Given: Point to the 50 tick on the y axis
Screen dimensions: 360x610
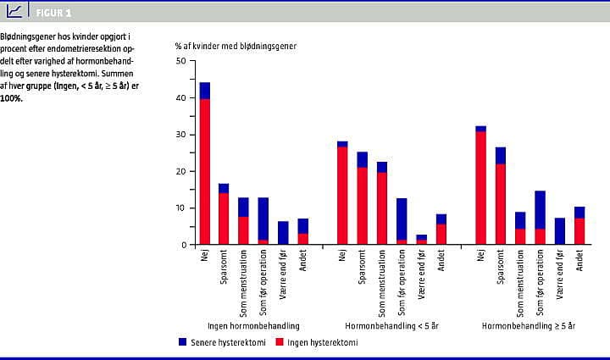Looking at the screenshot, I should coord(180,61).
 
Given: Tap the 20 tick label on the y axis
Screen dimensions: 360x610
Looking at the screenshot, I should coord(180,171).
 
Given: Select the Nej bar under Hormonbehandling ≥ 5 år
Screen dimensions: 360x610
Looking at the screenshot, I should coord(480,186).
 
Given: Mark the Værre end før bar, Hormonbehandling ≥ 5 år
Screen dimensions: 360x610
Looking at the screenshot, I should coord(560,231).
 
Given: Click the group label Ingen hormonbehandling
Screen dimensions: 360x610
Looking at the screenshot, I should coord(253,326).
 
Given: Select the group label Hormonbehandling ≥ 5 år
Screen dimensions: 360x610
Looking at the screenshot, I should coord(529,326).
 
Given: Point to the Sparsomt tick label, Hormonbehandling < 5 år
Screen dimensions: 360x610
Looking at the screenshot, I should coord(363,269).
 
